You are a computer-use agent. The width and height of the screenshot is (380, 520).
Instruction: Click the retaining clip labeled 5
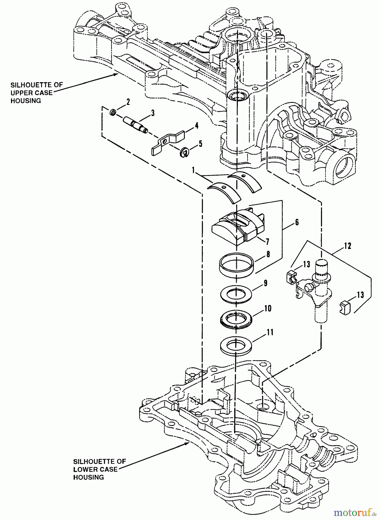click(x=185, y=152)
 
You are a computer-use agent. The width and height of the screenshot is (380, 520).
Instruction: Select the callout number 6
click(x=297, y=222)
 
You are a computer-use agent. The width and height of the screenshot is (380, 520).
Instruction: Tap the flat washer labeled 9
click(x=236, y=294)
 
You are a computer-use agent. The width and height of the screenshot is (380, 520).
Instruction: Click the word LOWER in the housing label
click(x=85, y=469)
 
